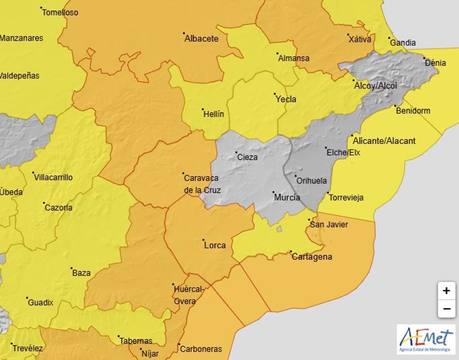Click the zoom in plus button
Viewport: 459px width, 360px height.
tap(446, 291)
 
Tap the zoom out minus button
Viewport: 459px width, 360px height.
tap(446, 308)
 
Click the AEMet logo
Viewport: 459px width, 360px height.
tap(426, 339)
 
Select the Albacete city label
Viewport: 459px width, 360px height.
tap(201, 39)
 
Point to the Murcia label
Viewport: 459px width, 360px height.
tap(287, 198)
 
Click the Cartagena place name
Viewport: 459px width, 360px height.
tap(312, 257)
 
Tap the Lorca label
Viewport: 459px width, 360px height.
tap(215, 245)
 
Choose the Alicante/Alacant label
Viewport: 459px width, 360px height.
tap(384, 141)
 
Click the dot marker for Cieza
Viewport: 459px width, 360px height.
tap(236, 152)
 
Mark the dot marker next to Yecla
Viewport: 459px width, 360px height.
tap(275, 94)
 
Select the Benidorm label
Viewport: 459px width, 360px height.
tap(413, 111)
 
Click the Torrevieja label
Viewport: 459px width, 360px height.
tap(346, 198)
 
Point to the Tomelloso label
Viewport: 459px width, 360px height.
tap(60, 12)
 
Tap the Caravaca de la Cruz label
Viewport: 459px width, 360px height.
tap(202, 184)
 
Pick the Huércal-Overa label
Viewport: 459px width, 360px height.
tap(188, 295)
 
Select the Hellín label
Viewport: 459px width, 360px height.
tap(214, 114)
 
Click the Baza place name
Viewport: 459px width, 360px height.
tap(81, 273)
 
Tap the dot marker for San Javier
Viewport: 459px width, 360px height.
tap(309, 220)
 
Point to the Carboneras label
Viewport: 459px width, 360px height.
tap(201, 349)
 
